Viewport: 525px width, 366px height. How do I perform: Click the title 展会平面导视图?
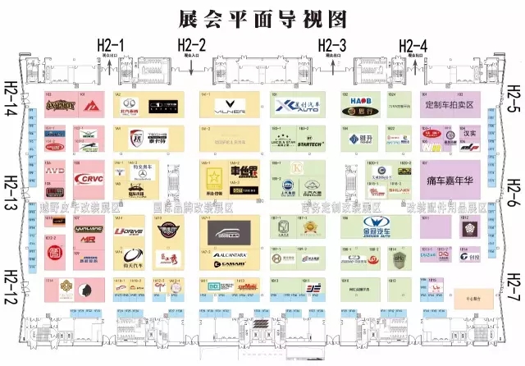263,17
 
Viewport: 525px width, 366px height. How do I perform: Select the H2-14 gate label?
11,103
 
